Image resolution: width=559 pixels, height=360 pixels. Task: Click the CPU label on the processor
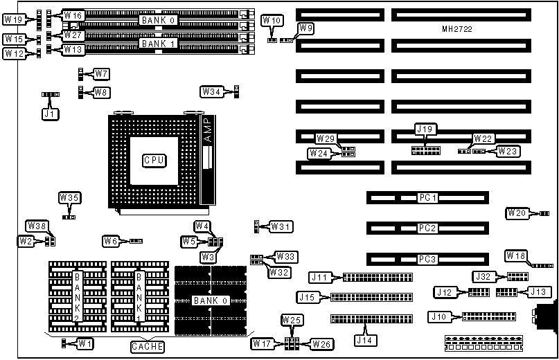(154, 160)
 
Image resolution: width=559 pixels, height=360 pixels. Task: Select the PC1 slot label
(427, 198)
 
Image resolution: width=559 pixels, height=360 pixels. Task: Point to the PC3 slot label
(427, 259)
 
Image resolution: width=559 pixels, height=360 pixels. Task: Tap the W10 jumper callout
(272, 21)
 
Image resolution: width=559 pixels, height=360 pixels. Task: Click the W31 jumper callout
(281, 226)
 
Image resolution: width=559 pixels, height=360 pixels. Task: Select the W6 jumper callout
(112, 241)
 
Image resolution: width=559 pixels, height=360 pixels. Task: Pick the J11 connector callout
(320, 278)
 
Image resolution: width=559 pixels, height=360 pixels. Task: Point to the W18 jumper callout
(516, 255)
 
